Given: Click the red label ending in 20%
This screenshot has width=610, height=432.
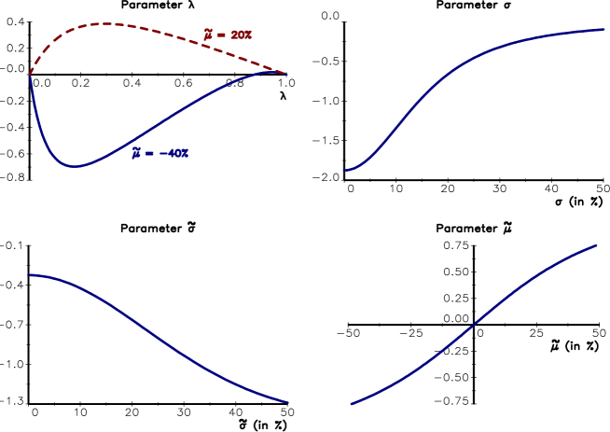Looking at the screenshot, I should [229, 35].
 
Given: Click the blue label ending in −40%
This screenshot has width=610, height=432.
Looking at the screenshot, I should [160, 153].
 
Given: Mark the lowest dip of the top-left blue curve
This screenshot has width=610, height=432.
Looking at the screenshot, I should [75, 166].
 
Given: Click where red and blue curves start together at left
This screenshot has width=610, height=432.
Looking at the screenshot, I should [30, 75].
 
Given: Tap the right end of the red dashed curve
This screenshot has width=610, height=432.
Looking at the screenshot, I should [287, 74].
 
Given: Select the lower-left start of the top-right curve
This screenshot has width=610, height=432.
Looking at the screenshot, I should [345, 170].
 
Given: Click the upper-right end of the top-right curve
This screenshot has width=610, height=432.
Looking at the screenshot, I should [604, 29].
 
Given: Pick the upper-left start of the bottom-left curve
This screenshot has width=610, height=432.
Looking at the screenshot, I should [29, 275].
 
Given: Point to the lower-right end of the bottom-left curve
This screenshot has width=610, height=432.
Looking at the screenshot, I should [288, 403].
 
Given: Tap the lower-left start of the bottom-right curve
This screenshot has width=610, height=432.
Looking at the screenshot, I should [352, 404].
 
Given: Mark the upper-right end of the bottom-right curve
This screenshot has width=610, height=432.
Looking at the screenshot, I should [596, 245].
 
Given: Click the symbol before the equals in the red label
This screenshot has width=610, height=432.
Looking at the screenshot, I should [209, 35].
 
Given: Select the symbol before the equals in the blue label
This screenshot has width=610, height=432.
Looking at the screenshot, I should [136, 153].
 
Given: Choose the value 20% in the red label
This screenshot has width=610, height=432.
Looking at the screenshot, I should [242, 35].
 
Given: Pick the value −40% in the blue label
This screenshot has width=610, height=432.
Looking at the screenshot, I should [173, 153].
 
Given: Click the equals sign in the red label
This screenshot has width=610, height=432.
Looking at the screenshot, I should [221, 35].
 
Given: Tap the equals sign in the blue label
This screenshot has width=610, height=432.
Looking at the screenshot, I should [148, 153].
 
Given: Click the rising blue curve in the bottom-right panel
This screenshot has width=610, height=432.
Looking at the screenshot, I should [476, 327].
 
